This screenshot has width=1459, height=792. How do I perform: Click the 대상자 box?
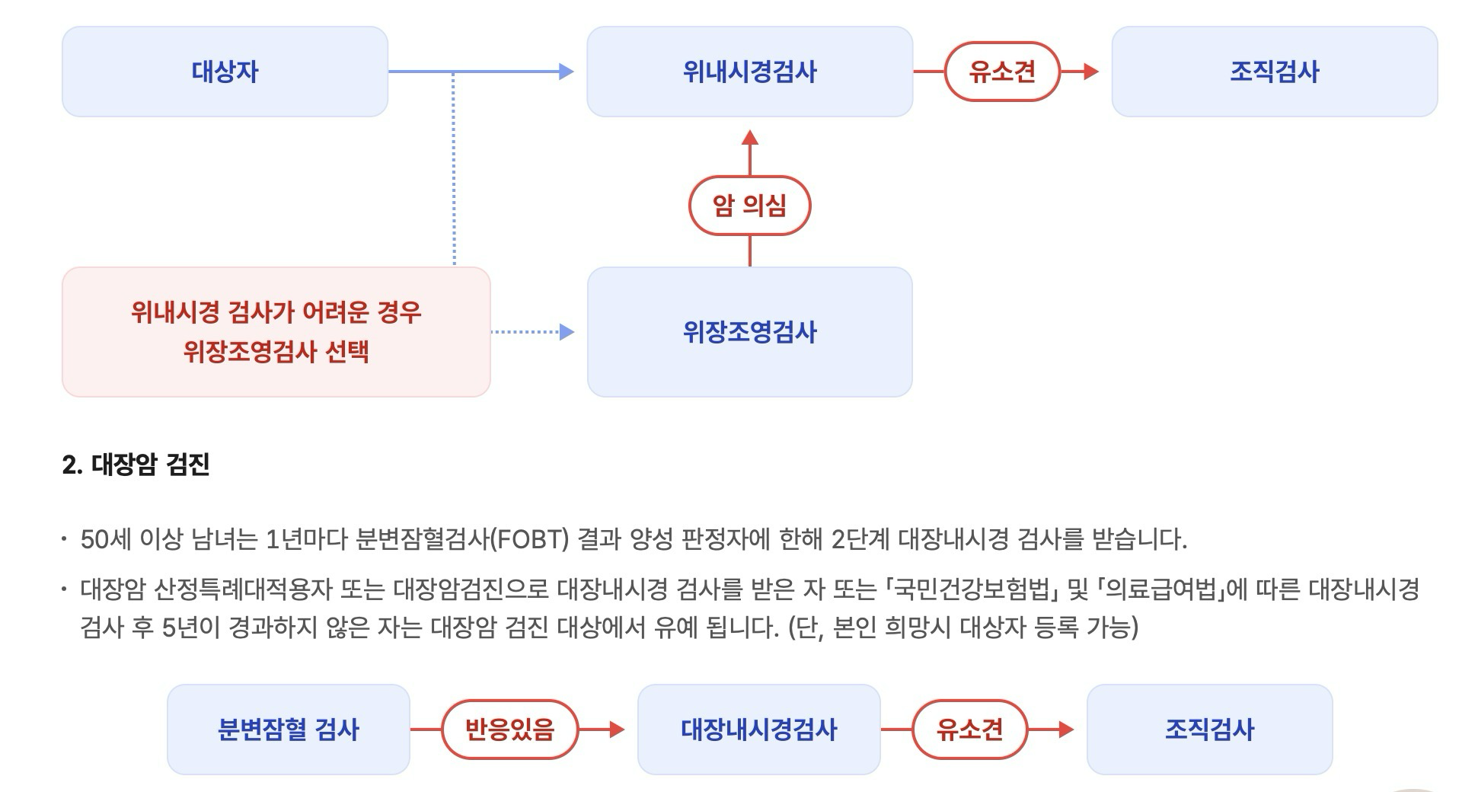point(225,72)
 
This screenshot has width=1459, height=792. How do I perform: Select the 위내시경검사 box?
point(749,72)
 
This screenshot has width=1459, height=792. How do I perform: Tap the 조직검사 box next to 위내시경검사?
point(1274,72)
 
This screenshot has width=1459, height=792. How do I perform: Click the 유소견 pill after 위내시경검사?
point(1001,72)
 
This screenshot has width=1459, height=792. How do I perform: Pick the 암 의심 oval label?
point(749,206)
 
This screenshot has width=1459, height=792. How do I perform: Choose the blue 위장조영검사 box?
point(749,332)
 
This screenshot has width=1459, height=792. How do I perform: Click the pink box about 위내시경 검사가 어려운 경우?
point(276,332)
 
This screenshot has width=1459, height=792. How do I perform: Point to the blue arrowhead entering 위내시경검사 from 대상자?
point(566,72)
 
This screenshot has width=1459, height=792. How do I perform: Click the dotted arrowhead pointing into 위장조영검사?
point(567,332)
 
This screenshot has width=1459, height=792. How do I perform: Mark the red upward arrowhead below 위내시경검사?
point(750,138)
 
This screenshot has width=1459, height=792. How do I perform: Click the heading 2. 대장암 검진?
point(136,465)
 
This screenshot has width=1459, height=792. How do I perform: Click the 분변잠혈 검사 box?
point(288,730)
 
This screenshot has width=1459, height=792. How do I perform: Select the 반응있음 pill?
point(509,730)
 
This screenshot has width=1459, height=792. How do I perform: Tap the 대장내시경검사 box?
point(758,730)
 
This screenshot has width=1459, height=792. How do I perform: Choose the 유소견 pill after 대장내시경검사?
point(969,730)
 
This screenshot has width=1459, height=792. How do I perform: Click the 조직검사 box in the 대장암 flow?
point(1209,730)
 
